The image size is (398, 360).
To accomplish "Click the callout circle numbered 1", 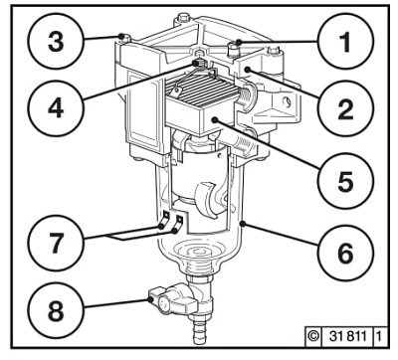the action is (345, 42).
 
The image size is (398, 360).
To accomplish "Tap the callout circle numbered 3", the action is (56, 42).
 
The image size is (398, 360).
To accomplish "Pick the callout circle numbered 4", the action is (56, 108).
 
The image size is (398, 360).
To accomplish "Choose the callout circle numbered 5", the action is (345, 181).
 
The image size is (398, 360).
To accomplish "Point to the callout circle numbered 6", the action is (345, 253).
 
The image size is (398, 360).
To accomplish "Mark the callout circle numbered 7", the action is (56, 243).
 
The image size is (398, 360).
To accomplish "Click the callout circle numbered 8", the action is (56, 311).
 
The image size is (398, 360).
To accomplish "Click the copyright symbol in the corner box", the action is (312, 337).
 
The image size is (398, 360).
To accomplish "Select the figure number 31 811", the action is (348, 337).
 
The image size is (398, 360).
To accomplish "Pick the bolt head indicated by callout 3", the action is (123, 38).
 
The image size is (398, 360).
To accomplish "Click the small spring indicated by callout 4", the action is (200, 63).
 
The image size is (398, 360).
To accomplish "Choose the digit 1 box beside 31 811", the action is (379, 337).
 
